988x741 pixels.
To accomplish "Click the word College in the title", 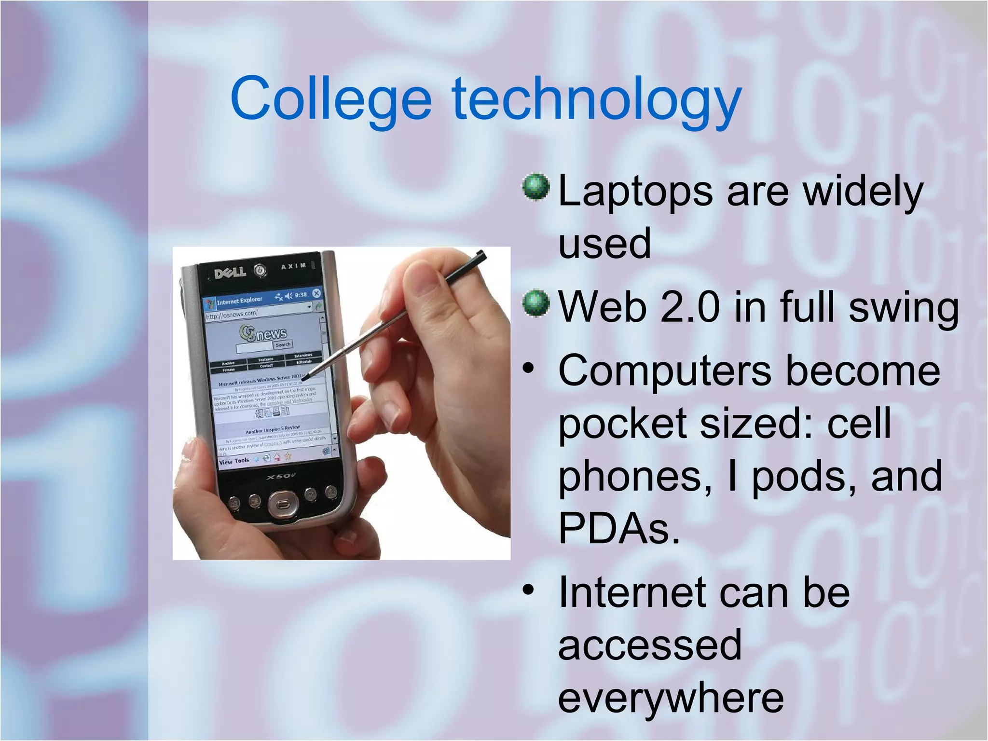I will coord(331,99).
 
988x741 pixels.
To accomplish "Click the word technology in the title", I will coord(596,101).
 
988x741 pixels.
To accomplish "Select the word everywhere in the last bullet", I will coord(671,698).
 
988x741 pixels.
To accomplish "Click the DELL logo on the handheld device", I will coord(230,273).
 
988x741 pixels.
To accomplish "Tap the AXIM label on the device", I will coord(294,266).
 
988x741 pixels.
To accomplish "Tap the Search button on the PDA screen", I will coord(283,344).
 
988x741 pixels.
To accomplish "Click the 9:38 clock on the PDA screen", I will coord(301,294).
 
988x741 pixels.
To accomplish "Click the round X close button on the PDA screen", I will coord(316,293).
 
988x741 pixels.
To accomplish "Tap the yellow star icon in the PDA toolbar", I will coord(288,455).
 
